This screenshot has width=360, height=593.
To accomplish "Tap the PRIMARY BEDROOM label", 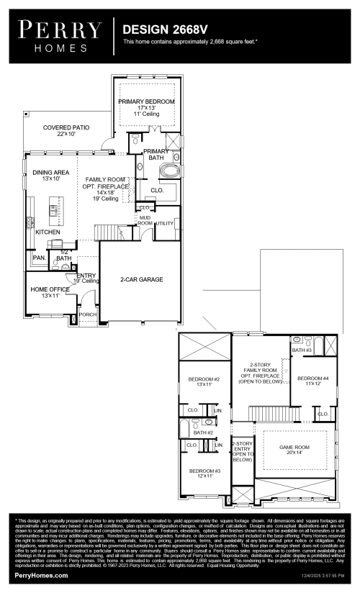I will click(146, 102).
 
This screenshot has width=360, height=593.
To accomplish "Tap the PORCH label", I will click(88, 314).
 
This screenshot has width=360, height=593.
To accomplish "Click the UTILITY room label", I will click(164, 224).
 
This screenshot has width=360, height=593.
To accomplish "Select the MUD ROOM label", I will click(145, 220).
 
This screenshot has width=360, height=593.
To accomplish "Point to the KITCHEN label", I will click(48, 232).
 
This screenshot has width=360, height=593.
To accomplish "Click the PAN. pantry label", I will click(38, 257).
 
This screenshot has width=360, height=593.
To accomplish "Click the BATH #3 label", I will click(302, 350).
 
